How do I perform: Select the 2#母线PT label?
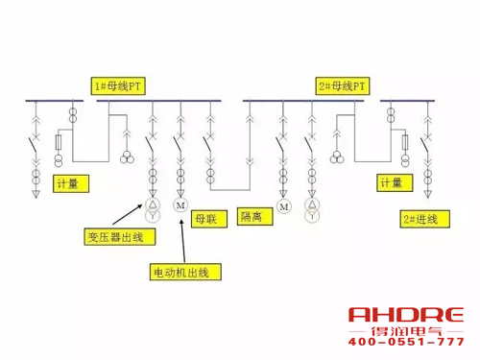pos(343,84)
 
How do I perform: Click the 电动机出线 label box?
pos(186,272)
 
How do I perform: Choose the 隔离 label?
pos(252,216)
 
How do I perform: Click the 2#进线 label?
pos(420,219)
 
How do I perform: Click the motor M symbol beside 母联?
pos(180,205)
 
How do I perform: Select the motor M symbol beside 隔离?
pos(283,205)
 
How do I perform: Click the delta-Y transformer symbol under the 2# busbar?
pos(311,210)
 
